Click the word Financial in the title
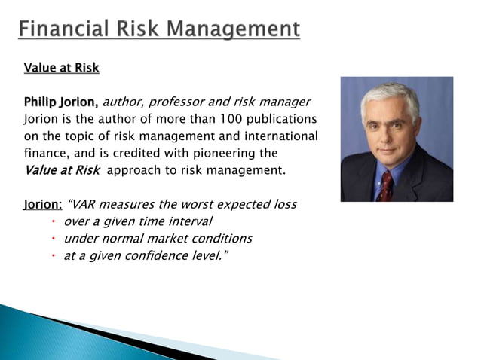[61, 29]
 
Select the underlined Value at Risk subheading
[62, 68]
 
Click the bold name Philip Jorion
[61, 102]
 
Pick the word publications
[282, 119]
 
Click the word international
[280, 136]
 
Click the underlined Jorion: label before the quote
[43, 204]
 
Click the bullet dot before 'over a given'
[55, 221]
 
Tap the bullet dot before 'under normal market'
[55, 239]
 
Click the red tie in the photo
[386, 184]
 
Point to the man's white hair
[391, 94]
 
